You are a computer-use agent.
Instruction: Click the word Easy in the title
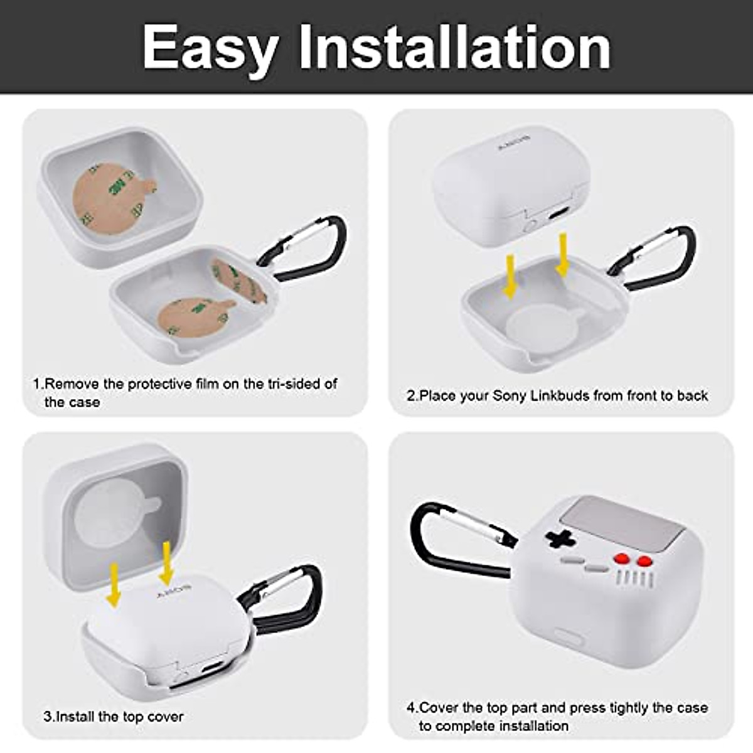[210, 49]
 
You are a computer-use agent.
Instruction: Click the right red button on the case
[644, 562]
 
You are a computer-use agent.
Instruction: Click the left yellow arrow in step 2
[511, 276]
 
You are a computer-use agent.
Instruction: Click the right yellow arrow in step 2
[562, 254]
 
